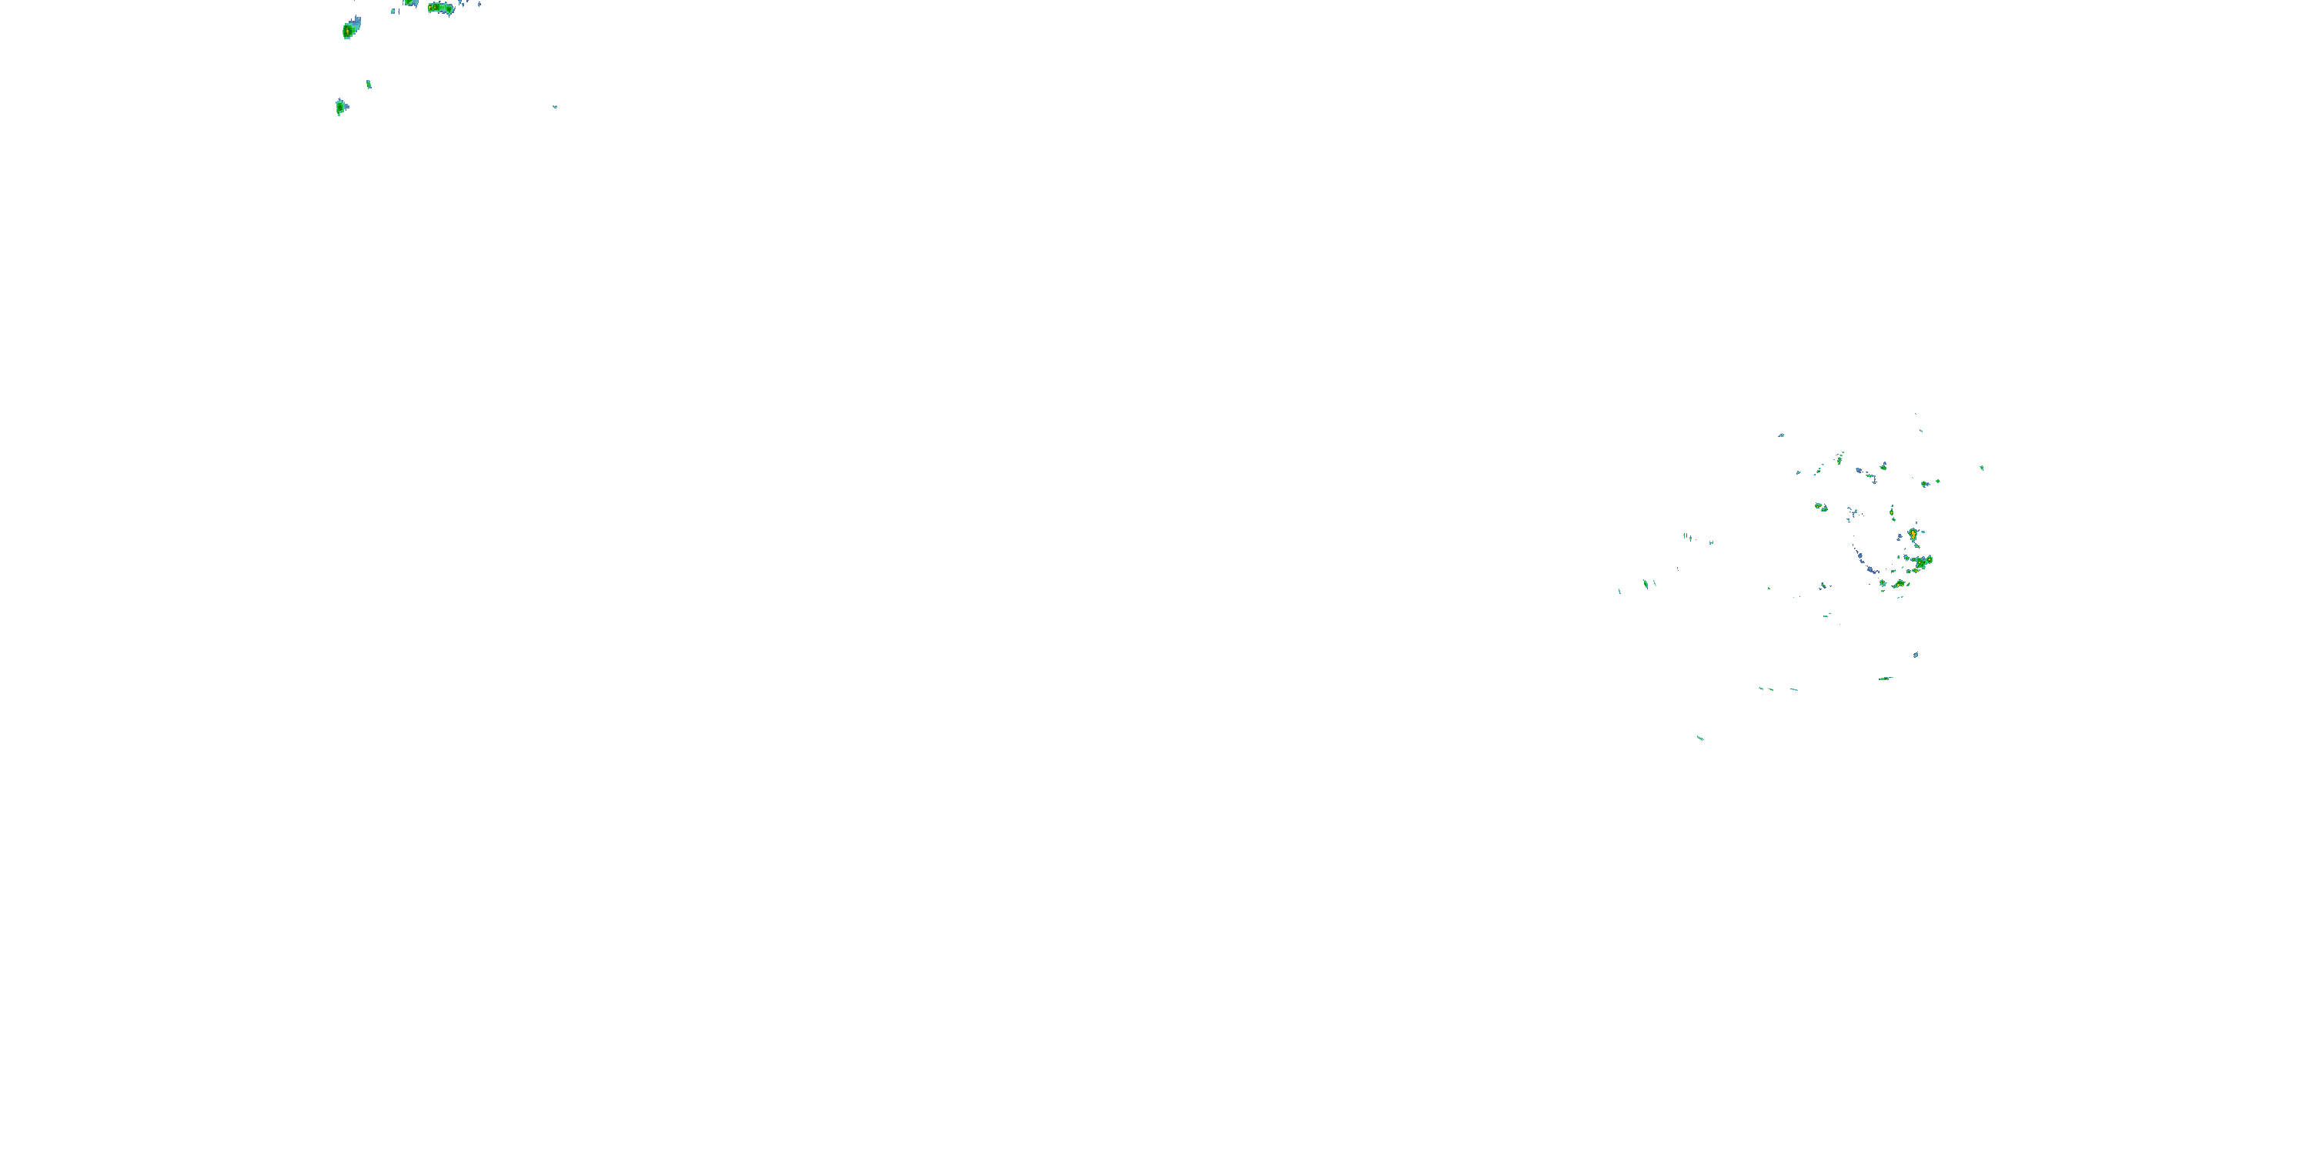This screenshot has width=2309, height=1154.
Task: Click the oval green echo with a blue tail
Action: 349,29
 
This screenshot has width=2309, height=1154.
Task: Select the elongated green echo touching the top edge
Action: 440,8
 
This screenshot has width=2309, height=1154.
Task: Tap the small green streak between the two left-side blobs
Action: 369,84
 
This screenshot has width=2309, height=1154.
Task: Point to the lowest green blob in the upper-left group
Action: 341,107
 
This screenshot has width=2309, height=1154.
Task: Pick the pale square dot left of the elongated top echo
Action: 393,11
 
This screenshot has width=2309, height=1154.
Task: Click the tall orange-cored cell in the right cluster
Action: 1913,535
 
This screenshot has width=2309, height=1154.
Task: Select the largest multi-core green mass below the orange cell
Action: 1921,562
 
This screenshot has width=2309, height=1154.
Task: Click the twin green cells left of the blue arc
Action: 1821,507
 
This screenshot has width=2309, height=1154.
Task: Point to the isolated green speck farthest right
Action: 1982,468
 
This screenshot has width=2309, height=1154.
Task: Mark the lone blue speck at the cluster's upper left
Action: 1781,435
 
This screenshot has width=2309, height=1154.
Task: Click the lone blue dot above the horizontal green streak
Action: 1916,655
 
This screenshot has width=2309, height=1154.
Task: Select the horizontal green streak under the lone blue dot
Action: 1885,679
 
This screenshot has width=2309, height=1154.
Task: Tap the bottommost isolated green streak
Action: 1699,739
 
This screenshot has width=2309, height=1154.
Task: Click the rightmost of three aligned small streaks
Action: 1793,689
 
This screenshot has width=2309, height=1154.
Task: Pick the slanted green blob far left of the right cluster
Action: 1646,583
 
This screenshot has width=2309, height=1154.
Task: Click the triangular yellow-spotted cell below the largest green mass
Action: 1899,584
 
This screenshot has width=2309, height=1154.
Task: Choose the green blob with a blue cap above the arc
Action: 1883,466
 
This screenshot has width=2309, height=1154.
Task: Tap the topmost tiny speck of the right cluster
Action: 1916,414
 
